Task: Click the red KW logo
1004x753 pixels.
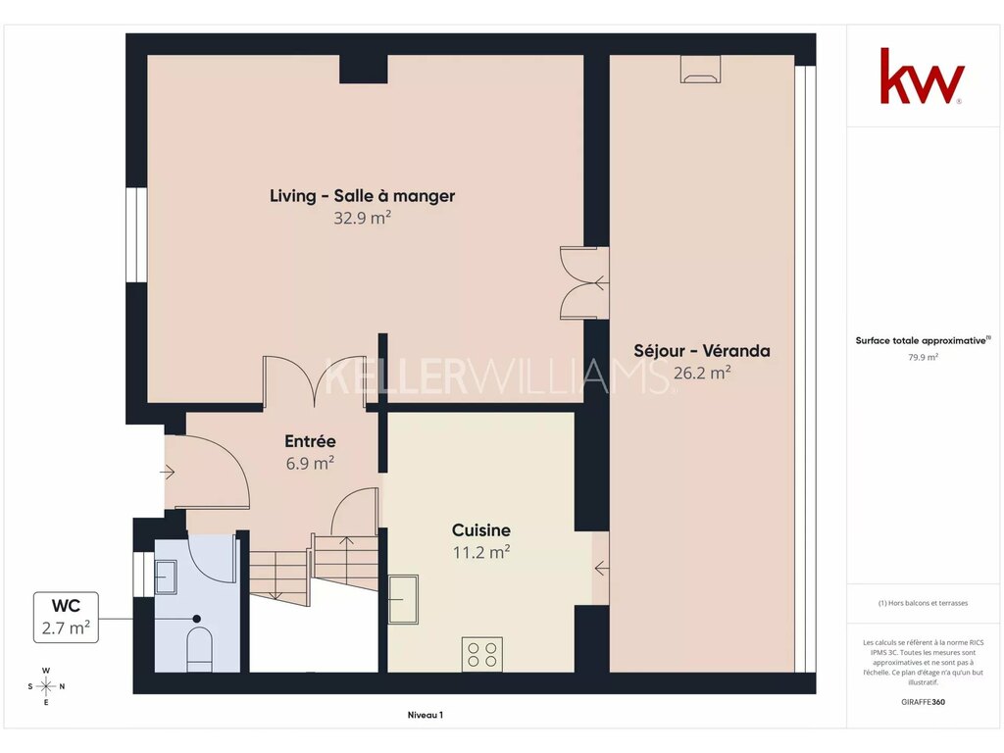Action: pyautogui.click(x=922, y=75)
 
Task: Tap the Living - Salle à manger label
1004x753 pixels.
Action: pyautogui.click(x=363, y=196)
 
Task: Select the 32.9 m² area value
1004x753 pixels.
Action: pyautogui.click(x=363, y=218)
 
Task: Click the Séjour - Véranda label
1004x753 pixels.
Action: pyautogui.click(x=702, y=351)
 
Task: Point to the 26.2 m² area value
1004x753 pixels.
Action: pyautogui.click(x=702, y=373)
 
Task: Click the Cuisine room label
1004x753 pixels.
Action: pyautogui.click(x=480, y=530)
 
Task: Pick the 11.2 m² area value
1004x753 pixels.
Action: pyautogui.click(x=480, y=552)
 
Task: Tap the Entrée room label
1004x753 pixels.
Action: pyautogui.click(x=310, y=441)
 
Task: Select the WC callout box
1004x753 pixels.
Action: pyautogui.click(x=66, y=618)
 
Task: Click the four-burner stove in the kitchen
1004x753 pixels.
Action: pyautogui.click(x=482, y=654)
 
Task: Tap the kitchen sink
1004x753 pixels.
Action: pyautogui.click(x=403, y=599)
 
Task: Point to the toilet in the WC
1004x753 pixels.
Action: pyautogui.click(x=199, y=649)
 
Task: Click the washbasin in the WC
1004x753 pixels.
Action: pyautogui.click(x=165, y=577)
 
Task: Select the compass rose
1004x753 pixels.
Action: pyautogui.click(x=46, y=686)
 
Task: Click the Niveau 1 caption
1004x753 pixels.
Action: pyautogui.click(x=426, y=715)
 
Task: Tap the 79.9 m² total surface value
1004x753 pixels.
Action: pyautogui.click(x=923, y=357)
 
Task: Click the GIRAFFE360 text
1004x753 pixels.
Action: pyautogui.click(x=923, y=702)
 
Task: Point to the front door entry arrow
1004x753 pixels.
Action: pyautogui.click(x=167, y=473)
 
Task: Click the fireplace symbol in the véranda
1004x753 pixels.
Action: pyautogui.click(x=700, y=70)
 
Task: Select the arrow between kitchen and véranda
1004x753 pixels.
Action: pyautogui.click(x=601, y=568)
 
